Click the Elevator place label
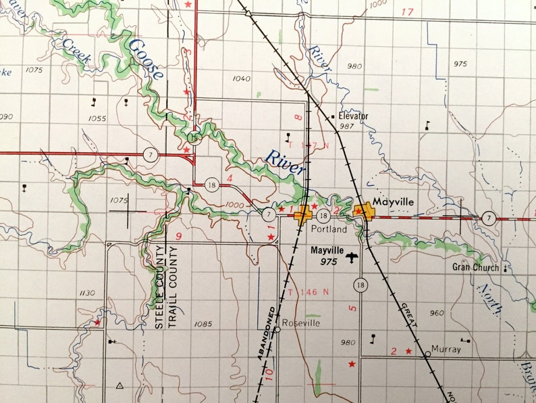(354, 116)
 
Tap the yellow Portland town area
(302, 215)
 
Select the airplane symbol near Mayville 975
(351, 257)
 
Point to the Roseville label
(303, 323)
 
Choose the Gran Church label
(476, 267)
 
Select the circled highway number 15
(194, 137)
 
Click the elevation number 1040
(241, 78)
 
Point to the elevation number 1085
(203, 324)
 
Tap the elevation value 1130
(88, 293)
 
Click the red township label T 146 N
(308, 292)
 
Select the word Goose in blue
(146, 60)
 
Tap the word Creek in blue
(76, 51)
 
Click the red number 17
(406, 12)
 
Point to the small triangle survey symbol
(119, 385)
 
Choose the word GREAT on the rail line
(410, 316)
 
